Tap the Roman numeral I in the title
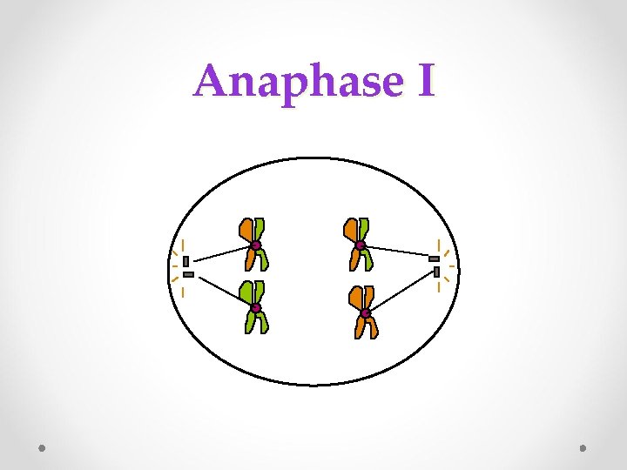425,81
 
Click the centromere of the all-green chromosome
256,308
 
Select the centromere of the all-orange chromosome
366,313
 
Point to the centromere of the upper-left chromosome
256,245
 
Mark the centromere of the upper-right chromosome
360,245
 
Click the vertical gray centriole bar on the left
185,261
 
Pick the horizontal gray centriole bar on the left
188,274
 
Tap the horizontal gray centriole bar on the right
434,259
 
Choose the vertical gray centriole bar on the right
436,272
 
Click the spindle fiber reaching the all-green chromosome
223,292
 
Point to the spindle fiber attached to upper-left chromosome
221,253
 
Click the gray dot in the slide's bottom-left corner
43,448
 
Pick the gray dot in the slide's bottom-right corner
583,448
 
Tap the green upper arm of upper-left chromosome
260,228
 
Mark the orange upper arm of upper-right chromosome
351,229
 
